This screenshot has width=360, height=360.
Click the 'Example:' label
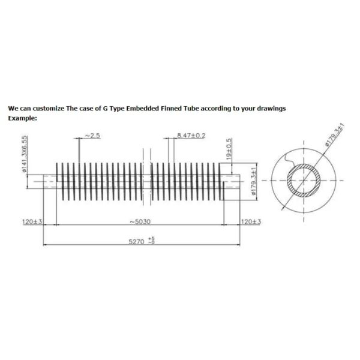tap(22, 118)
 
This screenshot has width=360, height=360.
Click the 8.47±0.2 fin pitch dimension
tap(191, 136)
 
